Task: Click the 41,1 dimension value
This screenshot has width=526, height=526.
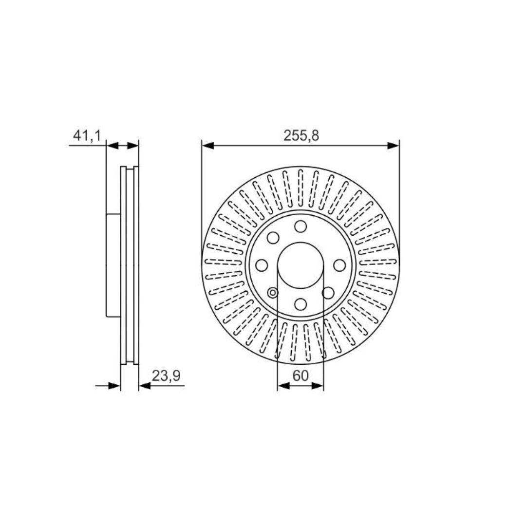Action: coord(86,136)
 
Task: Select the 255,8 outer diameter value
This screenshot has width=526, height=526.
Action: coord(301,136)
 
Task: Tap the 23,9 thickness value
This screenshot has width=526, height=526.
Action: coord(166,376)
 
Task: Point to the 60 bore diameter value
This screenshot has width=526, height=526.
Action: coord(301,376)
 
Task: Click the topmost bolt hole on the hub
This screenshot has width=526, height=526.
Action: coord(301,226)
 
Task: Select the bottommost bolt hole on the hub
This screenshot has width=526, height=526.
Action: coord(301,304)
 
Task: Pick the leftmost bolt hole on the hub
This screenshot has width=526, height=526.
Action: coord(262,265)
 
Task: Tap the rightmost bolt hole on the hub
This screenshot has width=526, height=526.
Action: coord(339,265)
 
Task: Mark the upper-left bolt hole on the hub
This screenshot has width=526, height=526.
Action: coord(273,238)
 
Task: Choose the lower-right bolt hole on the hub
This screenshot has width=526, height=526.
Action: coord(328,293)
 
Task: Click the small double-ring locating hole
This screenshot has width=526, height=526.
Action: coord(273,293)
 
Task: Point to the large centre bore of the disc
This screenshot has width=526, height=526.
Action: coord(301,265)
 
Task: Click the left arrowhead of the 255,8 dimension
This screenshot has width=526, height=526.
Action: coord(207,146)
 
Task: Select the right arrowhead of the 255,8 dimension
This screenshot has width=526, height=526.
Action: coord(393,146)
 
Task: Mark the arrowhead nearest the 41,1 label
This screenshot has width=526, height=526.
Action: coord(112,146)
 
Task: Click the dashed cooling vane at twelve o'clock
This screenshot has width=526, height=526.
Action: coord(301,188)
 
